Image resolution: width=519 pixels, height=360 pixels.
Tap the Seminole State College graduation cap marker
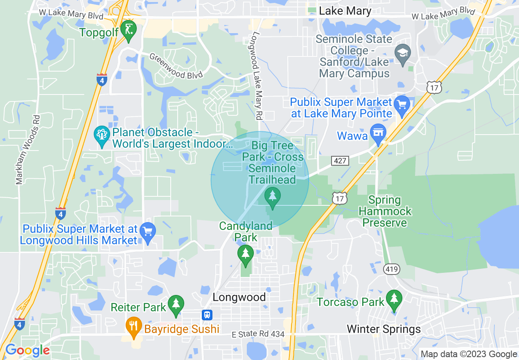pos(403,54)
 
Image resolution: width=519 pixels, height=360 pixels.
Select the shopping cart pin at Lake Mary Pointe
pos(402,105)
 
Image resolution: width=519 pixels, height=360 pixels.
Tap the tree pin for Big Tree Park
pos(272,197)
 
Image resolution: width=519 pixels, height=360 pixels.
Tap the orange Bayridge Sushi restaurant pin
pos(133,326)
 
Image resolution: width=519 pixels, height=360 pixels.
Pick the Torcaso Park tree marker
pos(394,300)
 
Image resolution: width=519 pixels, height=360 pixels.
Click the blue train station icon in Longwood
pos(207,315)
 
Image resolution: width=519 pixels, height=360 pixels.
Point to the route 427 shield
pos(340,161)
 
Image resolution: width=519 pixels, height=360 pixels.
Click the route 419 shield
pos(392,269)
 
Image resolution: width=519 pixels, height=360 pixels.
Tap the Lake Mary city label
pos(345,11)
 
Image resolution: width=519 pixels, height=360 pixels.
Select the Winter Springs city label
pos(384,329)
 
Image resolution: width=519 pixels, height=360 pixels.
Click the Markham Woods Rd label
pos(27,149)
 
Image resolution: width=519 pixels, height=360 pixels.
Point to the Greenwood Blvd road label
pos(176,66)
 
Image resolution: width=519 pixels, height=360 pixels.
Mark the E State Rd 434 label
pos(258,334)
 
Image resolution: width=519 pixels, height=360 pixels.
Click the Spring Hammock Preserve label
pos(385,211)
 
